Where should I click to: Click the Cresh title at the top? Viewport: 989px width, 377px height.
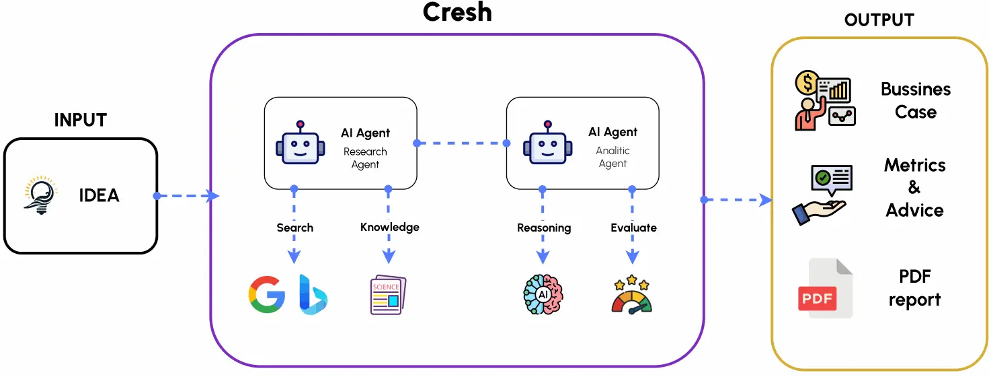click(457, 12)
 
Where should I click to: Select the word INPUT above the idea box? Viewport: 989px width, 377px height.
click(81, 121)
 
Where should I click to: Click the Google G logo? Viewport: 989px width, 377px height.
click(267, 294)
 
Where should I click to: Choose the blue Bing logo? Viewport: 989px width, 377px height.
click(312, 294)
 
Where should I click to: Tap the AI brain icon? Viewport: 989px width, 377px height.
click(543, 294)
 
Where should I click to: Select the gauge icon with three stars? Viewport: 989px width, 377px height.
click(632, 294)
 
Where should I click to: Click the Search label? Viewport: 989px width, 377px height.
click(294, 228)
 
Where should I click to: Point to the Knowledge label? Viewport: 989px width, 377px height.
click(389, 227)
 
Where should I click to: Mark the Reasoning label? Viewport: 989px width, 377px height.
click(543, 228)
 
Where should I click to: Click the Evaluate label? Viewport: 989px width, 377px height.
click(633, 228)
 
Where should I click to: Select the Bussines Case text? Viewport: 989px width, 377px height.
click(915, 100)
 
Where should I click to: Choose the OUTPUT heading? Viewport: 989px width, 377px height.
click(880, 21)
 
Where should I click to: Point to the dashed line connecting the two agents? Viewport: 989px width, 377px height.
click(461, 143)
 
